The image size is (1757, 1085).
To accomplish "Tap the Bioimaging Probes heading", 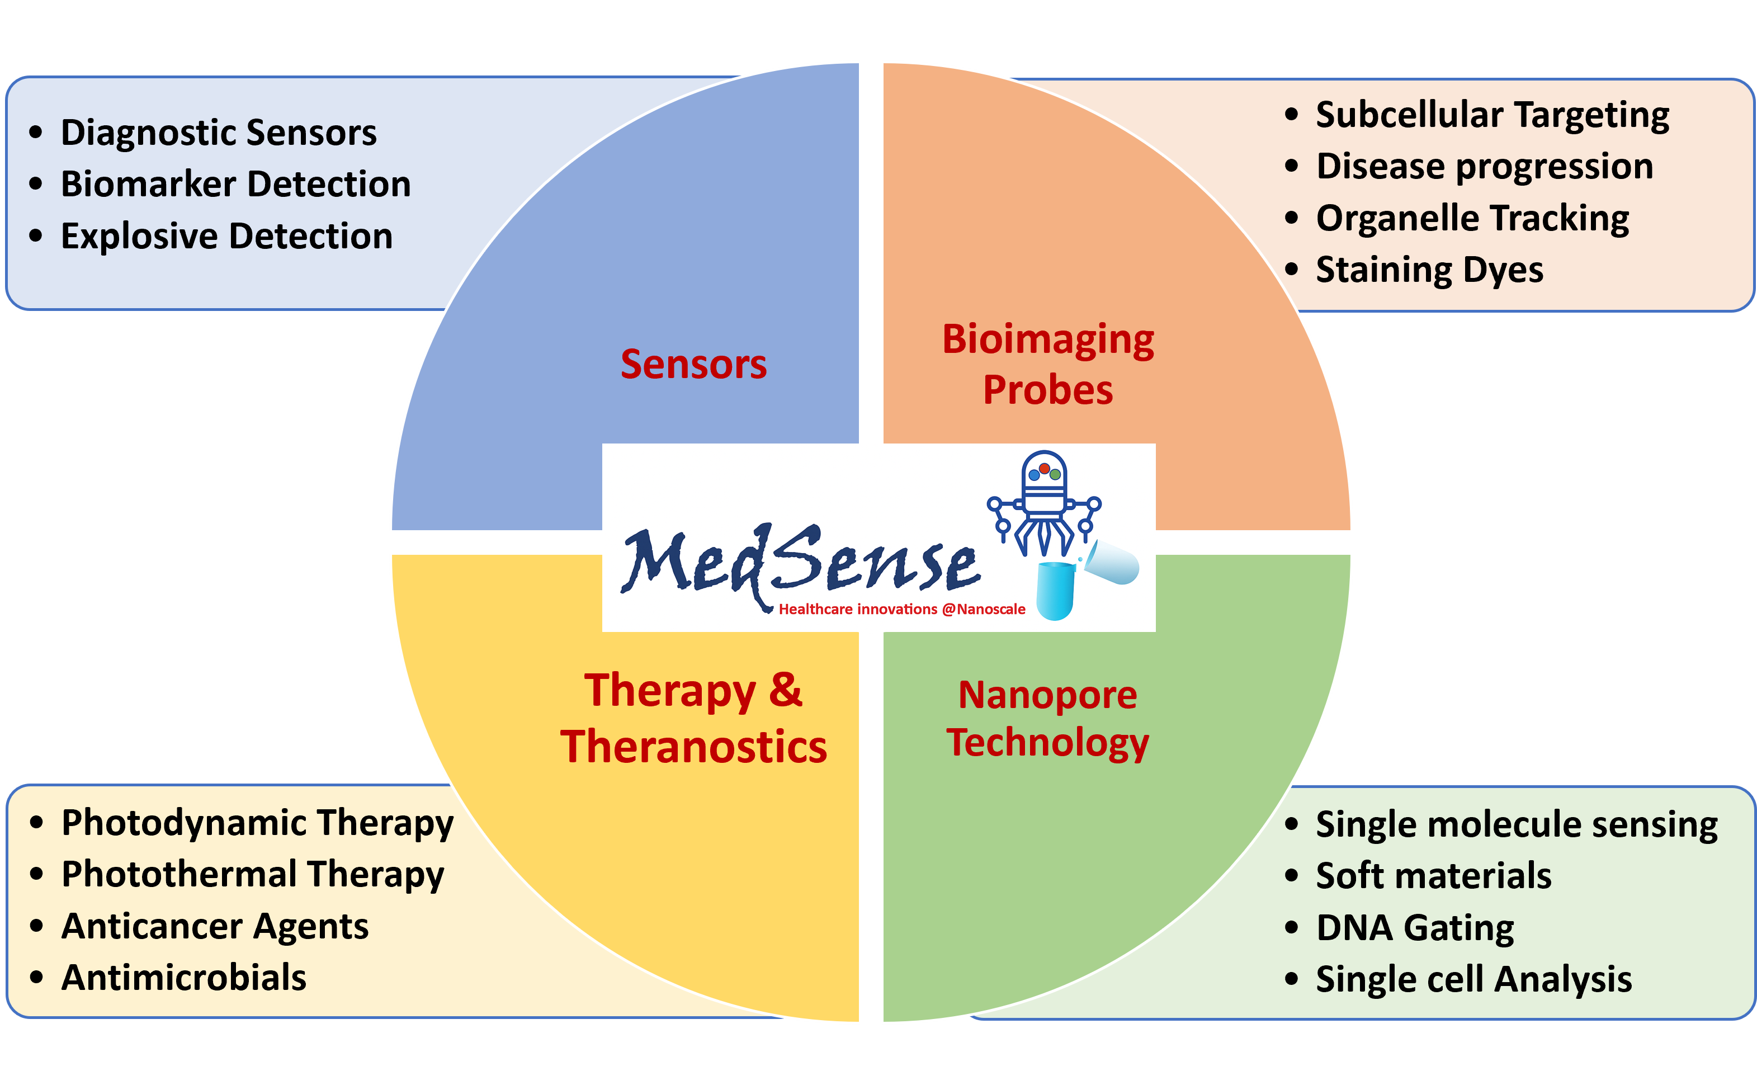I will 1047,364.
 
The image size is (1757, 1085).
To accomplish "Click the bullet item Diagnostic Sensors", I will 218,133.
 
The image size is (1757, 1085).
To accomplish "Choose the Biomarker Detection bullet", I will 235,185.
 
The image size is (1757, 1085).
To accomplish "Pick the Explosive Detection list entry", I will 226,236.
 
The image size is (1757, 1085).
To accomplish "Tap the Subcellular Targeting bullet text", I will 1492,115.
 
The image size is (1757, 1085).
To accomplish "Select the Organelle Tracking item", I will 1472,218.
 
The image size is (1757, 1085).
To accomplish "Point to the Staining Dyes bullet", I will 1429,270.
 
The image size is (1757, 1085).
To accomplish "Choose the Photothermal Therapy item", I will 253,874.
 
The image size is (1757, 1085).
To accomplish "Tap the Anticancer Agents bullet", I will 215,926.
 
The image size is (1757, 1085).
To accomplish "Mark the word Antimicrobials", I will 183,978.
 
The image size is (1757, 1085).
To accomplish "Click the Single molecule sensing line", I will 1516,824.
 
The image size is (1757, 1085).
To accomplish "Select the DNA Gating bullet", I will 1415,927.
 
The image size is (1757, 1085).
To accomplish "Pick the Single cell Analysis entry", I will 1473,979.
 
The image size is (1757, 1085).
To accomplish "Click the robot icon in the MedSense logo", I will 1045,502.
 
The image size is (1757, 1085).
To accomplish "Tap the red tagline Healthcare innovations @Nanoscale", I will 902,609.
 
